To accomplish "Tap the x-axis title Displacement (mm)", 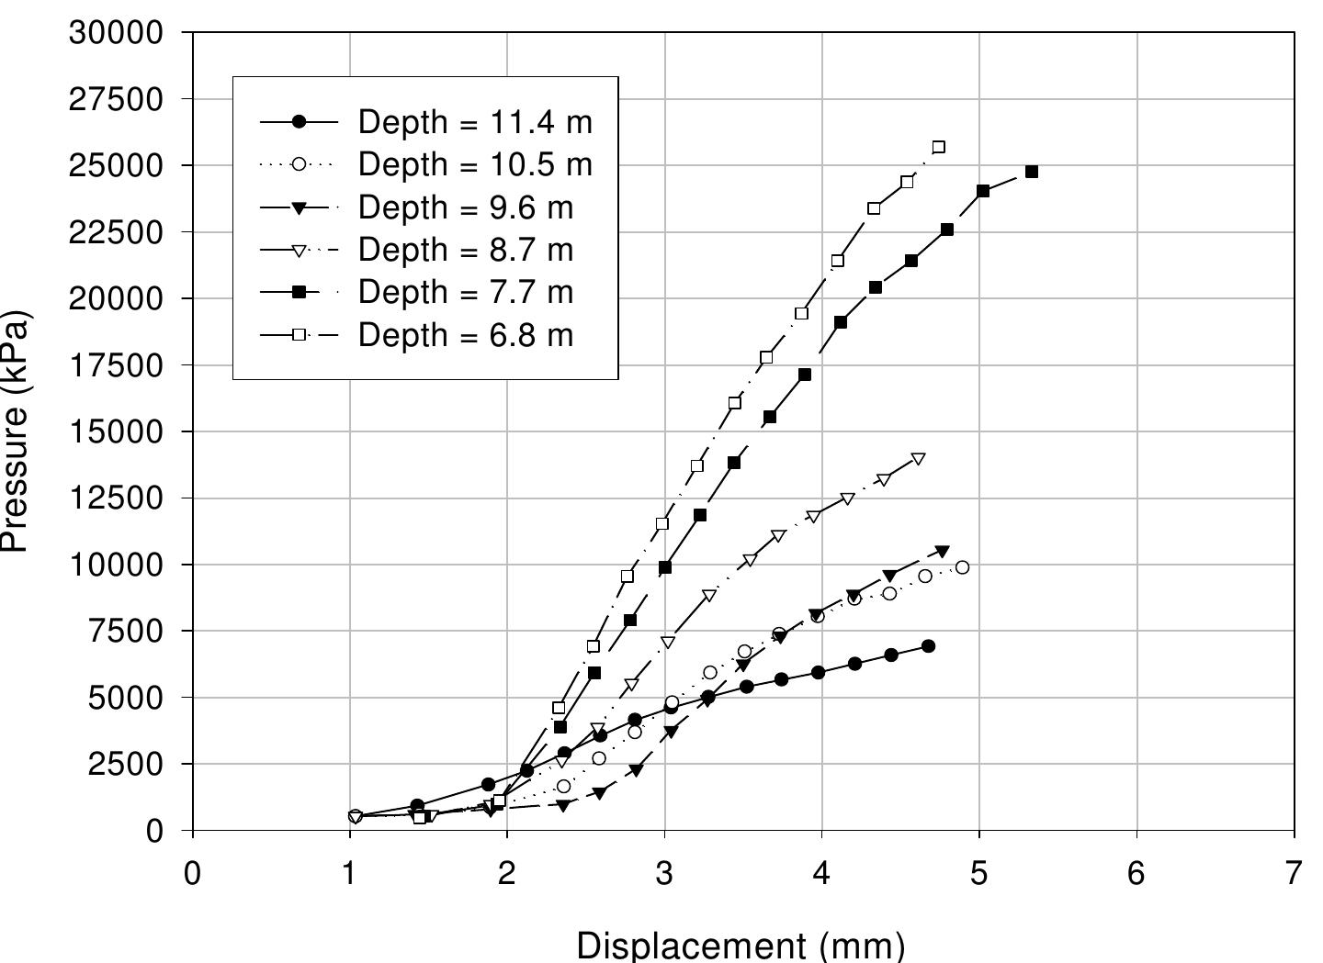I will pyautogui.click(x=741, y=945).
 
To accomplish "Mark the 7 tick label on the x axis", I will pyautogui.click(x=1295, y=873).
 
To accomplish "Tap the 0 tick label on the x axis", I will pyautogui.click(x=192, y=873).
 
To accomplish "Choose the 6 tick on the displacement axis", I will pyautogui.click(x=1136, y=873).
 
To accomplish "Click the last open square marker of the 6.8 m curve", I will pyautogui.click(x=938, y=147).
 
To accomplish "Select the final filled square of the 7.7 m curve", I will pyautogui.click(x=1032, y=172).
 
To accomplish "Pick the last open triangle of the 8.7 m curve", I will pyautogui.click(x=918, y=459).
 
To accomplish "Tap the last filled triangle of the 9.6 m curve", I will pyautogui.click(x=942, y=551).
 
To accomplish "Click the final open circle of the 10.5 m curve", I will pyautogui.click(x=962, y=567).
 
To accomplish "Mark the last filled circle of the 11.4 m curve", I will pyautogui.click(x=928, y=646).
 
